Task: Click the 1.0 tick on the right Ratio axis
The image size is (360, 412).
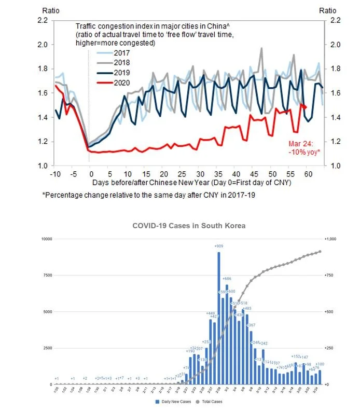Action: (332, 166)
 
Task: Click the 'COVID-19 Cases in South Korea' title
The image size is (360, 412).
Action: (188, 226)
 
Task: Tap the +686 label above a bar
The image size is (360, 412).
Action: (226, 280)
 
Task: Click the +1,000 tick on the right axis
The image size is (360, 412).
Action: (330, 239)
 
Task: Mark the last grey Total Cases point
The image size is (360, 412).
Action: (320, 252)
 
